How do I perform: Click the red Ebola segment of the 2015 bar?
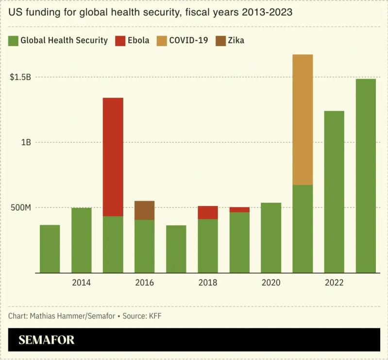coord(113,157)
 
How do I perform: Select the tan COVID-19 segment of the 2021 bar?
coord(303,120)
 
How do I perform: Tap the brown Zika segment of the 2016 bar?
coord(145,210)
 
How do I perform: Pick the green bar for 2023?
coord(366,175)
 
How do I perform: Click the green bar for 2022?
coord(334,192)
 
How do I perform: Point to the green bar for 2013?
coord(50,249)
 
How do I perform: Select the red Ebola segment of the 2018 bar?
coord(208,212)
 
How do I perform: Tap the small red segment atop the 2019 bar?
coord(239,209)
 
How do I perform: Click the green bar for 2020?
coord(271,238)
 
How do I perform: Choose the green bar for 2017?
coord(176,249)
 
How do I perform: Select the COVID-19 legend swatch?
coord(161,40)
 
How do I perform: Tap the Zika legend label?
coord(236,40)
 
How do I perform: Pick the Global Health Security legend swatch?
coord(13,40)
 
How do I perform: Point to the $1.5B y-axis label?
coord(20,77)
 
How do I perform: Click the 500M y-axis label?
coord(20,207)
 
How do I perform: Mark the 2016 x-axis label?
coord(144,283)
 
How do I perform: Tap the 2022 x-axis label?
coord(334,283)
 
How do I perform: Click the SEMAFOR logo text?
coord(47,340)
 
